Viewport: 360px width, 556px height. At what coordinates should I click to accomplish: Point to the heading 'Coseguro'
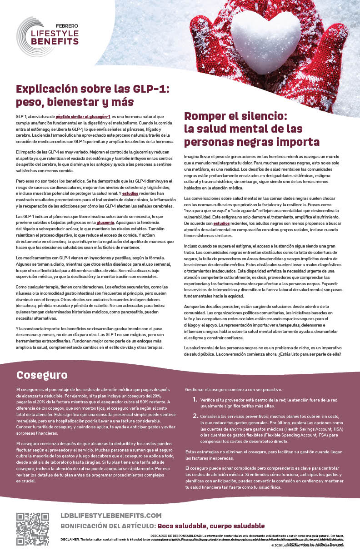[42, 375]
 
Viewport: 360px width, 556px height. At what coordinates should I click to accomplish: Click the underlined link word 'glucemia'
[105, 223]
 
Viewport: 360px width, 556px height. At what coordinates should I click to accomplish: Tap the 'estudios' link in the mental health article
[221, 223]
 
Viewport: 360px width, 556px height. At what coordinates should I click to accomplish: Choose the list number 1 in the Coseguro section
[195, 400]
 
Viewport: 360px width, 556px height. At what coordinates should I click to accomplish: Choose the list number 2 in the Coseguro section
[195, 416]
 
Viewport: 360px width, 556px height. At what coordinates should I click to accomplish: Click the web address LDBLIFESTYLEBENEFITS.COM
[111, 515]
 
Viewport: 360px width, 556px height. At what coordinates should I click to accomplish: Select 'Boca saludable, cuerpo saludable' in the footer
[210, 526]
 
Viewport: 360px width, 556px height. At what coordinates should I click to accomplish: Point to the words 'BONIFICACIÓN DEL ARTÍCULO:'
[108, 526]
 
